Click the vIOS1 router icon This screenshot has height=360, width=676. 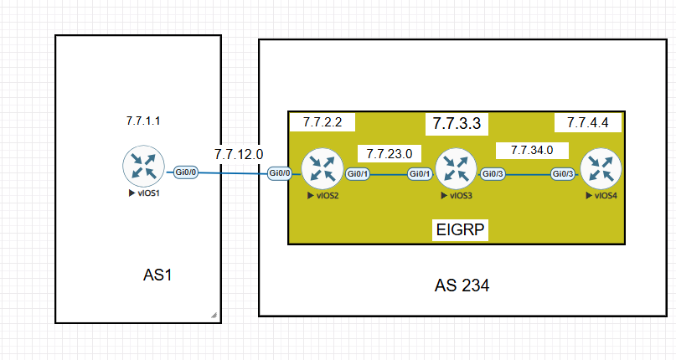point(143,167)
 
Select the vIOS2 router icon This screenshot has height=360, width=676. point(322,169)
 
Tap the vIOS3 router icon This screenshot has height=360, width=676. point(457,169)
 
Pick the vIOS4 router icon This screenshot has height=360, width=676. point(601,169)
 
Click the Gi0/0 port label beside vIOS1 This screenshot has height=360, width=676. point(186,172)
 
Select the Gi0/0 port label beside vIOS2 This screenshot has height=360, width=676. point(280,174)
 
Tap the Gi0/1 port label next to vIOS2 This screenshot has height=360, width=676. point(358,174)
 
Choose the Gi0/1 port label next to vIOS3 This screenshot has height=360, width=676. point(420,174)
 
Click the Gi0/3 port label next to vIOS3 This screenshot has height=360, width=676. point(493,174)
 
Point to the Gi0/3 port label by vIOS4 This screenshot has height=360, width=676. point(563,174)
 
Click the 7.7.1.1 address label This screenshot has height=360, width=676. point(143,121)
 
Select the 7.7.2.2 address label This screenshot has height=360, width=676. point(323,122)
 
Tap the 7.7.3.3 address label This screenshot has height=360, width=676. point(457,124)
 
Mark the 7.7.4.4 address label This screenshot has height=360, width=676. point(587,123)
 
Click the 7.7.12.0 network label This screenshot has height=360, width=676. point(239,154)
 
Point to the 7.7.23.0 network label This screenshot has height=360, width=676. point(390,154)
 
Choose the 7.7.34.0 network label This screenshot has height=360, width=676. point(532,151)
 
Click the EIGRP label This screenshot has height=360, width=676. point(461,229)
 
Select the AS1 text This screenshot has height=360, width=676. point(157,275)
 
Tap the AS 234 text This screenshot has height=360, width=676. point(462,285)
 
